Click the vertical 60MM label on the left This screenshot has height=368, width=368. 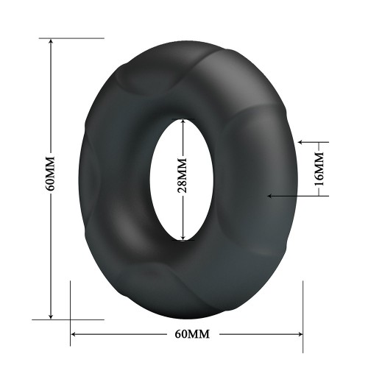[x=50, y=174]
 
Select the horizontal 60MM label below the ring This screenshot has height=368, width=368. [x=192, y=334]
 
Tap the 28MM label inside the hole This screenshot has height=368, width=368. [x=183, y=175]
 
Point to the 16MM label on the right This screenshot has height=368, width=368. [x=319, y=169]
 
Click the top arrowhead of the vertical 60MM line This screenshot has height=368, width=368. [x=51, y=41]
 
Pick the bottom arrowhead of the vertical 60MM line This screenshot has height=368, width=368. [x=51, y=316]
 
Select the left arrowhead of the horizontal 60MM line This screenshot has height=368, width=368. [x=74, y=334]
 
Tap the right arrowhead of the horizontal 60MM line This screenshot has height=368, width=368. [x=300, y=334]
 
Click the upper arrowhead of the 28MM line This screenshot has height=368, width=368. [x=183, y=122]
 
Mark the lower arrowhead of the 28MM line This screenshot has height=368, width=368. [x=183, y=237]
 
